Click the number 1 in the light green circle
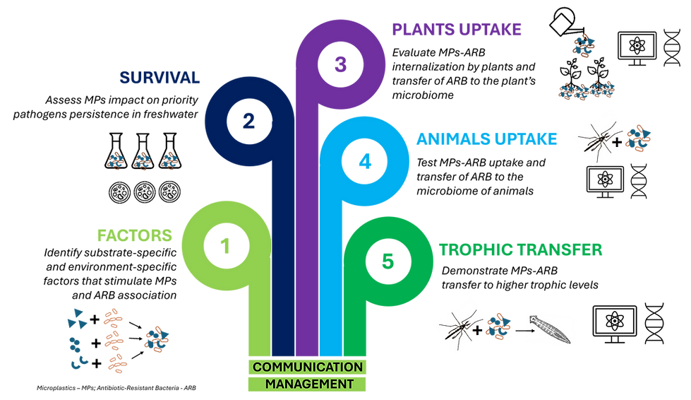tap(225, 246)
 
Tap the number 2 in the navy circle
tap(248, 121)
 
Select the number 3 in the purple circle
tap(340, 64)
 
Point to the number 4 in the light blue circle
tap(365, 161)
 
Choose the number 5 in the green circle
tap(387, 261)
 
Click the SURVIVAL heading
tap(160, 78)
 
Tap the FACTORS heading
tap(134, 235)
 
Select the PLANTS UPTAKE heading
tap(457, 30)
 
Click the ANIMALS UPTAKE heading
tap(486, 139)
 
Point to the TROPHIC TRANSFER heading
tap(520, 249)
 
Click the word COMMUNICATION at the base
tap(308, 367)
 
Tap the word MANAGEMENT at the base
tap(309, 384)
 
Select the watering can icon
tap(566, 22)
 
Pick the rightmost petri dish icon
tap(169, 192)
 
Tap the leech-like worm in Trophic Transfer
tap(550, 329)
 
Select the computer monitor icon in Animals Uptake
tap(605, 181)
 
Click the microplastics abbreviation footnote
tap(116, 388)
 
